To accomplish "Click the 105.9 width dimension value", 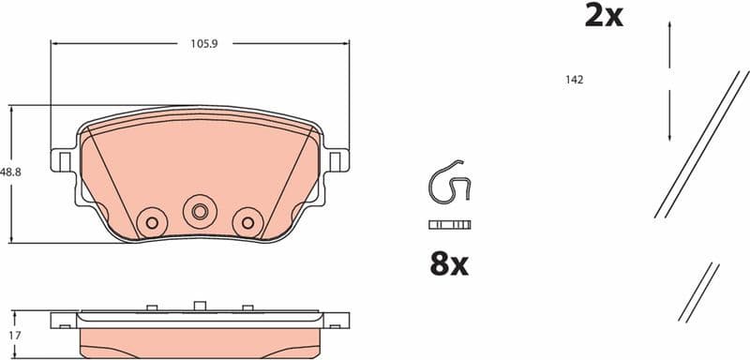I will point(199,43).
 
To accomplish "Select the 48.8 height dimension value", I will point(11,172).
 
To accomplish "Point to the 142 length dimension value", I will point(575,80).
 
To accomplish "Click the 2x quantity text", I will point(604,15).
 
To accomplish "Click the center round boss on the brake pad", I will point(199,211).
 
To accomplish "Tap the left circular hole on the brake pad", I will point(149,222).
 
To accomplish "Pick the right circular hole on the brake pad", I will point(247,222).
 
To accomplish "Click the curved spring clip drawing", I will point(448,182).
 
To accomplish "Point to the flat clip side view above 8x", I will point(448,225).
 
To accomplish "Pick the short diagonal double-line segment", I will point(698,292).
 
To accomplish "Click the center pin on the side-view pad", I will point(199,306).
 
